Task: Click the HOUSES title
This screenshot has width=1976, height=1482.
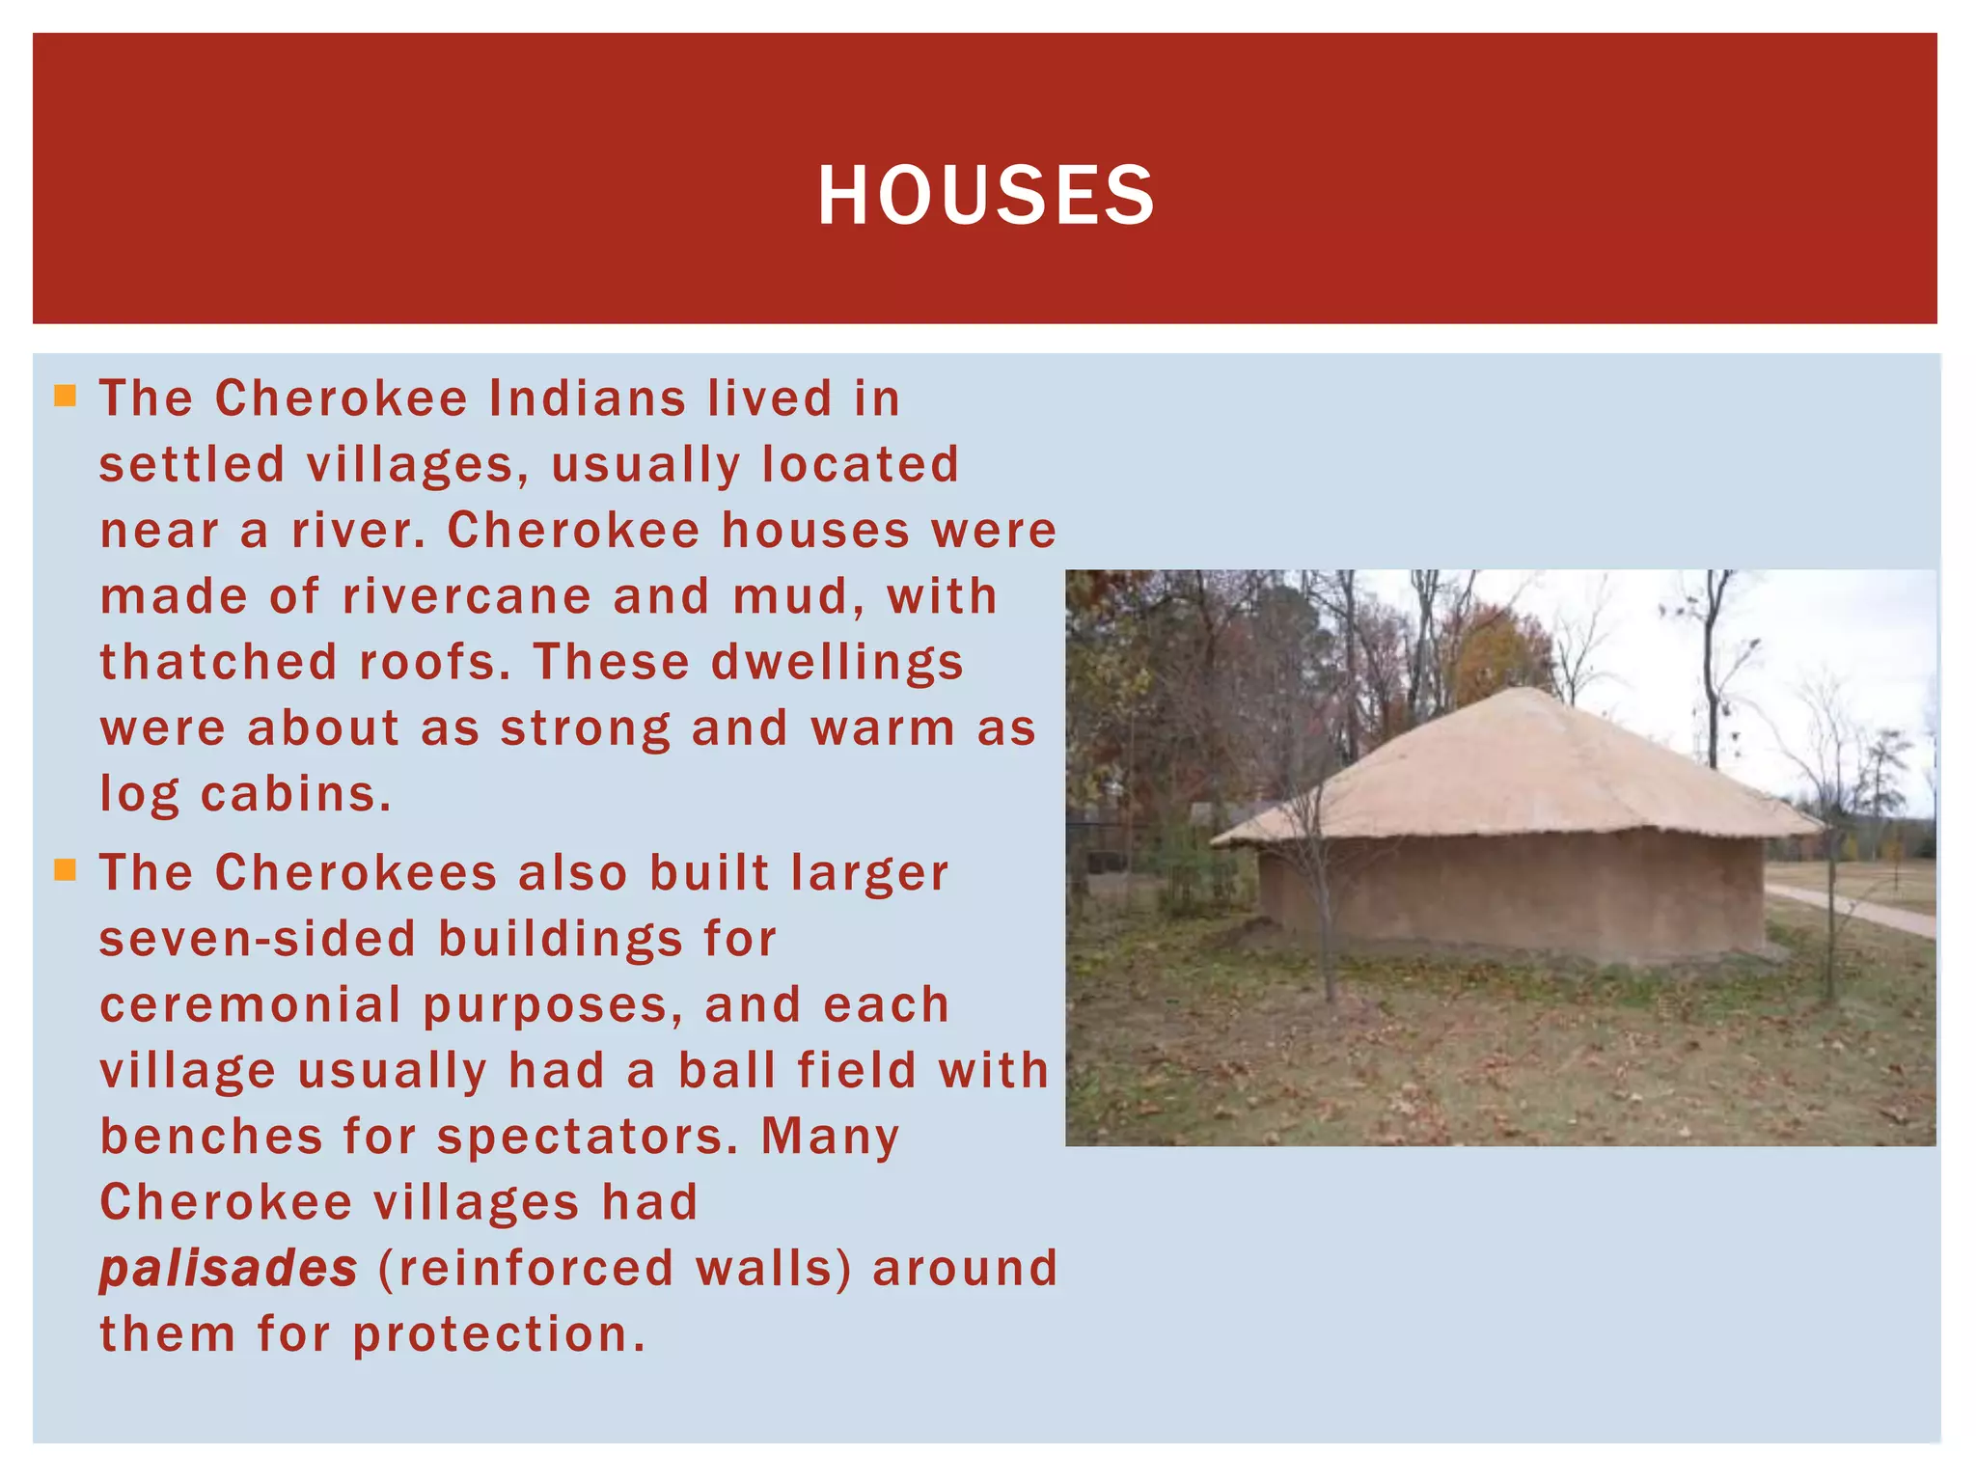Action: coord(985,196)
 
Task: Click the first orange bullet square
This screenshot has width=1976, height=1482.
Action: coord(65,396)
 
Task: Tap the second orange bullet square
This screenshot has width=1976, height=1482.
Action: coord(65,871)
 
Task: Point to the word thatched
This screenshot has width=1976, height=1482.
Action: coord(218,662)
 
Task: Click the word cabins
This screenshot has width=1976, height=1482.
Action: coord(295,794)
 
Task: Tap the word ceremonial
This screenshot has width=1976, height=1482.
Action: coord(250,1005)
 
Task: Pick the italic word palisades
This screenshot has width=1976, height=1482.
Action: coord(229,1268)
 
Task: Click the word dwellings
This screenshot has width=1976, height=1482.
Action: coord(837,664)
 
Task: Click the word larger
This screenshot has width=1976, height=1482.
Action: coord(869,873)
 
